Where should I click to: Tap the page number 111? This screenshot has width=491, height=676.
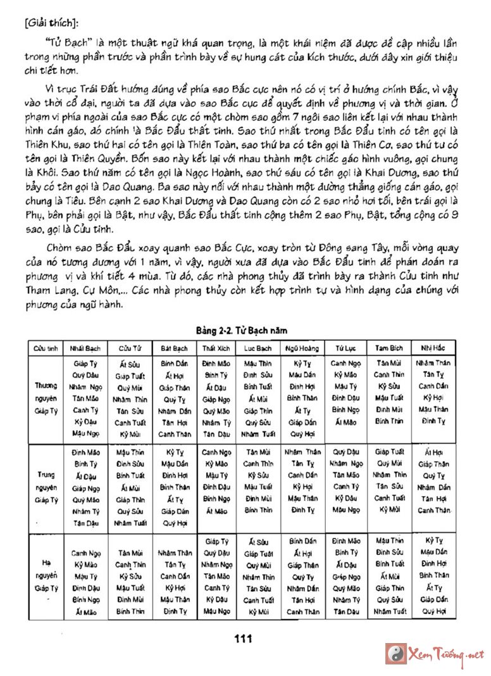click(x=243, y=639)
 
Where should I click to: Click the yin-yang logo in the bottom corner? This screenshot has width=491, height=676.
click(x=395, y=653)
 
